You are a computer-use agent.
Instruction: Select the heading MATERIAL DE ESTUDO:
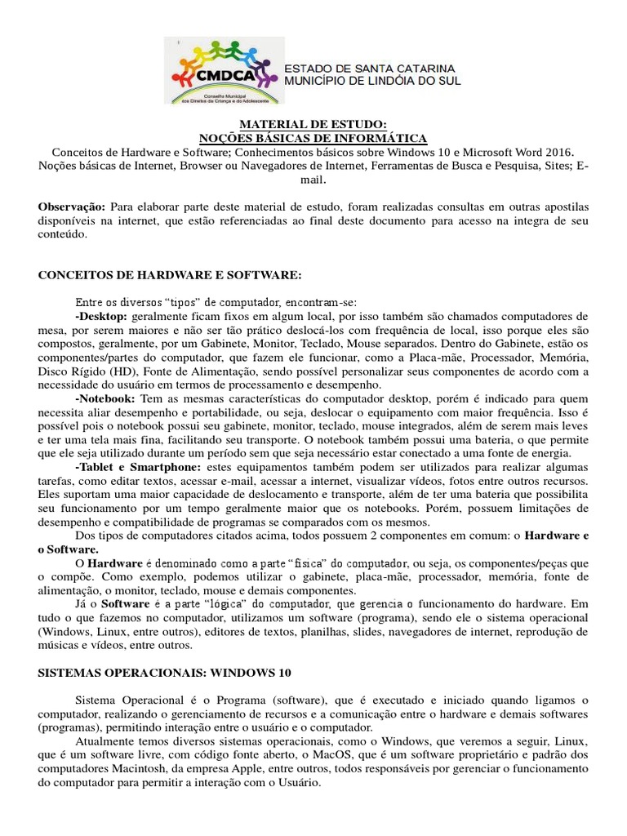coord(313,124)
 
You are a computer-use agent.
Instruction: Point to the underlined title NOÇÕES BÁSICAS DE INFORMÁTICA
coord(313,138)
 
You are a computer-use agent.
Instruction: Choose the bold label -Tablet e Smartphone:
coord(137,466)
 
